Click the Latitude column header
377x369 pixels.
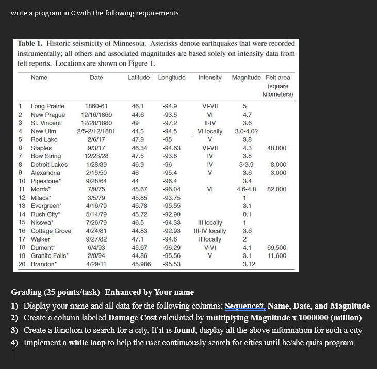click(139, 77)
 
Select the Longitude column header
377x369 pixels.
click(172, 77)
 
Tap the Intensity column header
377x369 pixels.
click(210, 77)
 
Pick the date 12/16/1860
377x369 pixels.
click(96, 115)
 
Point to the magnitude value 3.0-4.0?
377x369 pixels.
click(247, 131)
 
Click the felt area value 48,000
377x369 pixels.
click(277, 148)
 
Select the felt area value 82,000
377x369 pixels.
click(277, 189)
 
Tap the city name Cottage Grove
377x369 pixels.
click(51, 231)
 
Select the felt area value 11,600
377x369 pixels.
click(277, 256)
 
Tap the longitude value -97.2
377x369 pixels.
click(170, 123)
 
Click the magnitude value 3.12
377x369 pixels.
click(249, 264)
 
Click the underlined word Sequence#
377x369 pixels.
click(243, 306)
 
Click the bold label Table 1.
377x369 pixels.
click(33, 44)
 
